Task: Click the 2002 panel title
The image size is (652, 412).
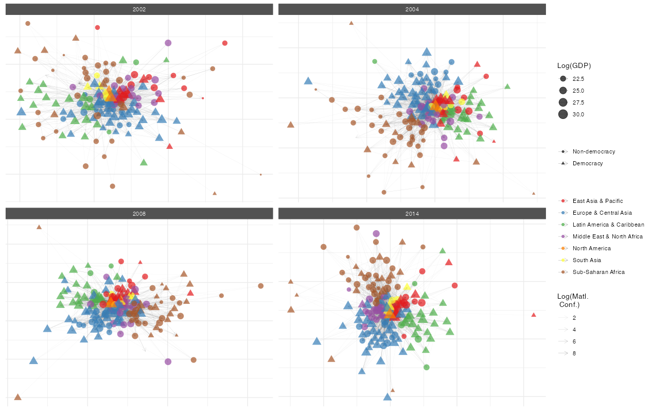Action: [x=139, y=9]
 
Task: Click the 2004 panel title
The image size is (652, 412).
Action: [x=412, y=9]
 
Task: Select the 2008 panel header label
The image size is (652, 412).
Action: [x=139, y=214]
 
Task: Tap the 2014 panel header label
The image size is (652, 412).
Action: [x=412, y=214]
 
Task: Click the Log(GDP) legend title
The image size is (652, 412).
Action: [x=574, y=65]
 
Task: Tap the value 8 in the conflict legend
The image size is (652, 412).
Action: [x=574, y=353]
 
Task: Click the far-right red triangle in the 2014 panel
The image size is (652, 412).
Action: [x=534, y=315]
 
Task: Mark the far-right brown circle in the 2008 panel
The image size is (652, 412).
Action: [x=260, y=286]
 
